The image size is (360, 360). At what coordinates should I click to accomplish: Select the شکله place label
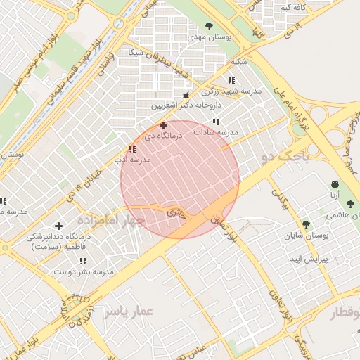(x=239, y=62)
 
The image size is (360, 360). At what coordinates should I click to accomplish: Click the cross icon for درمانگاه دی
(x=164, y=124)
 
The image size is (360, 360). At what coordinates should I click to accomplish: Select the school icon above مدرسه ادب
(x=132, y=148)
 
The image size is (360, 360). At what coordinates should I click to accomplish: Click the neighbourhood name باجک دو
(x=285, y=157)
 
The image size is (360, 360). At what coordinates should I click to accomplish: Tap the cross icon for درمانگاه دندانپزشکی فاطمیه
(x=58, y=226)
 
